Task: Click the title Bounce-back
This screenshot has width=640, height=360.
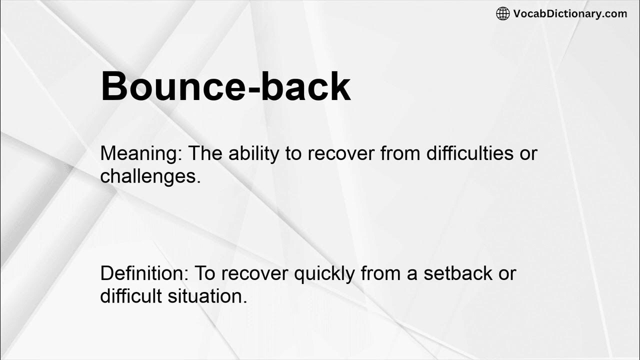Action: pos(225,86)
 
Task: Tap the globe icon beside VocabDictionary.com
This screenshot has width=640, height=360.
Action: pos(502,13)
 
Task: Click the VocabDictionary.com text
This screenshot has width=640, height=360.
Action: pos(570,13)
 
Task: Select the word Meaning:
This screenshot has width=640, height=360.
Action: pos(142,154)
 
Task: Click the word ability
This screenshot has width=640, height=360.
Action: pos(253,154)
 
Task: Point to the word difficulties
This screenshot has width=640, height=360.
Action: pos(470,153)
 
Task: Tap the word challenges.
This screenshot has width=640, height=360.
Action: pos(150,176)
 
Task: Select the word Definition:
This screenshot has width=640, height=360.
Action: pos(144,273)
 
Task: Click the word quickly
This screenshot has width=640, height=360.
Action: pos(324,274)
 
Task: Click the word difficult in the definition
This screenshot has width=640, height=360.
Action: pos(131,296)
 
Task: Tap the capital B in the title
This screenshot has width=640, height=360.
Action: pos(113,86)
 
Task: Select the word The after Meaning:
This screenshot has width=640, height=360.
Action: pos(206,153)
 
